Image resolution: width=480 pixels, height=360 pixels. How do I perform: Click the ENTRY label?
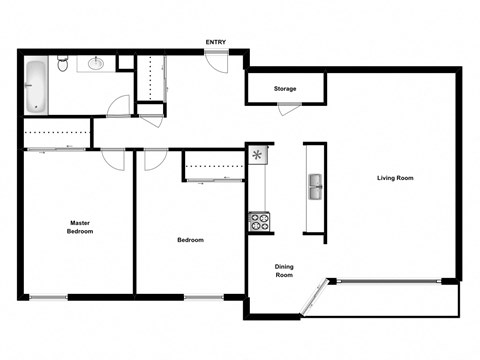pos(215,42)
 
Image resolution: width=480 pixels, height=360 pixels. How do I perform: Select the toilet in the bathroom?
pos(62,65)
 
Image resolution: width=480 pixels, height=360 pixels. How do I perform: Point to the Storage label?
pos(285,89)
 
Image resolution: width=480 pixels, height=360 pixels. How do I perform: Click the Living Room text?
pos(395,178)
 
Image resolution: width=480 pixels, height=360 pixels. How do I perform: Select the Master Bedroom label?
pos(81,227)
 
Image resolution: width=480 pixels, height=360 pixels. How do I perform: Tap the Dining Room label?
pos(284,271)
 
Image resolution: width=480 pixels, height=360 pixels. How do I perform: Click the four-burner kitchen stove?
pos(259,222)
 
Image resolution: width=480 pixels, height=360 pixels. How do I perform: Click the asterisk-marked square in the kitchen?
pos(259,155)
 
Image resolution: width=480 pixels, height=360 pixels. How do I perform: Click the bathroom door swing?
pos(119,106)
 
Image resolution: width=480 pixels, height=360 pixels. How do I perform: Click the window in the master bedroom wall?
pos(48,296)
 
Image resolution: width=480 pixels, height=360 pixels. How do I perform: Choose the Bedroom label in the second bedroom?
pos(190,240)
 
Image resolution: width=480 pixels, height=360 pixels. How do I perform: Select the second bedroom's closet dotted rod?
pos(214,166)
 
